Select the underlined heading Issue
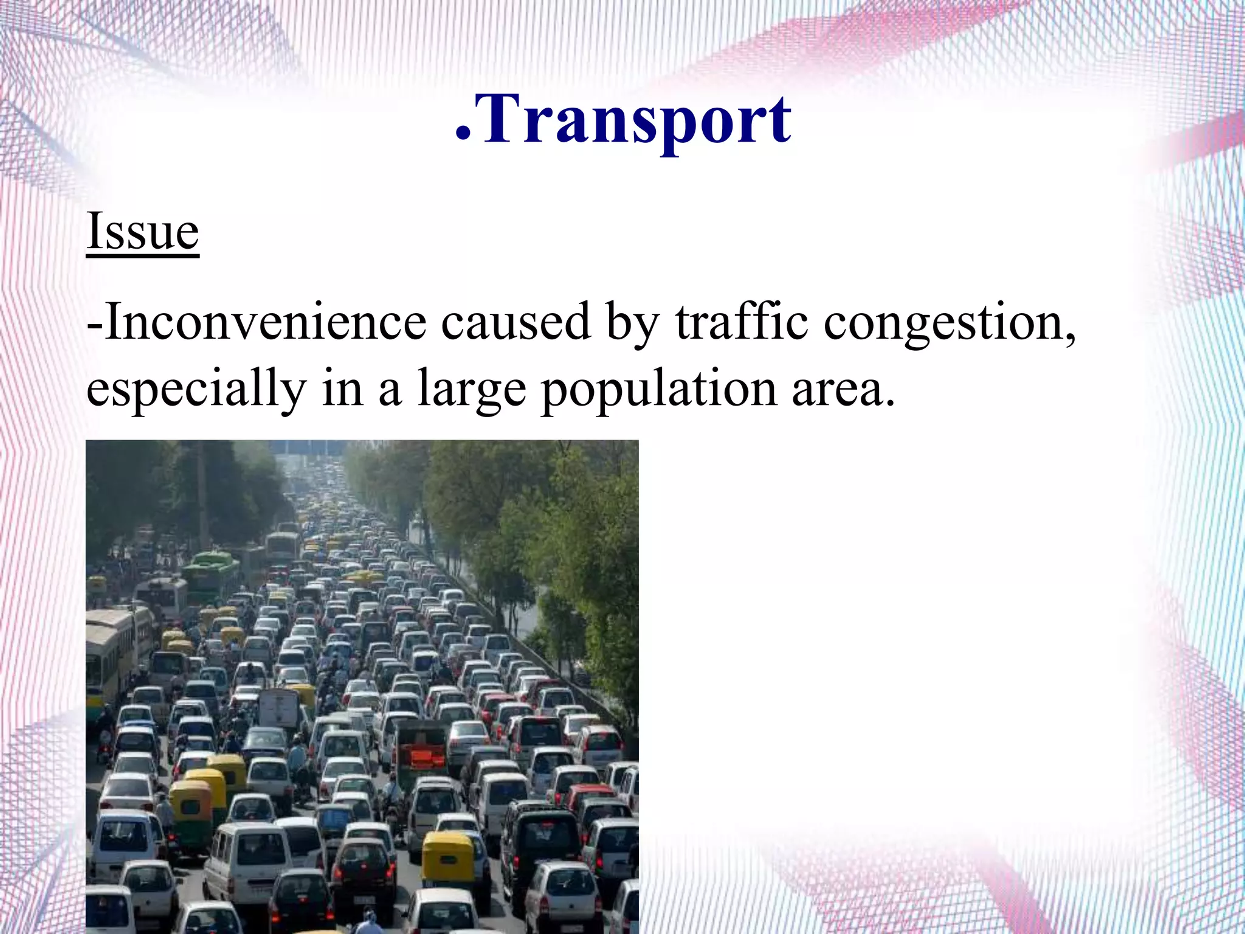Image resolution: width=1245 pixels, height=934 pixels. tap(143, 232)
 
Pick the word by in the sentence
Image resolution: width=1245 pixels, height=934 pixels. tap(633, 322)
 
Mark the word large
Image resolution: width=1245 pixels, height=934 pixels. tap(472, 389)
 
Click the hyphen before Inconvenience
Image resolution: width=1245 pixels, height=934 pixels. tap(94, 322)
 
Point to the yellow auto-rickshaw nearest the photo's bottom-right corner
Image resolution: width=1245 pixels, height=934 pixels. tap(447, 857)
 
